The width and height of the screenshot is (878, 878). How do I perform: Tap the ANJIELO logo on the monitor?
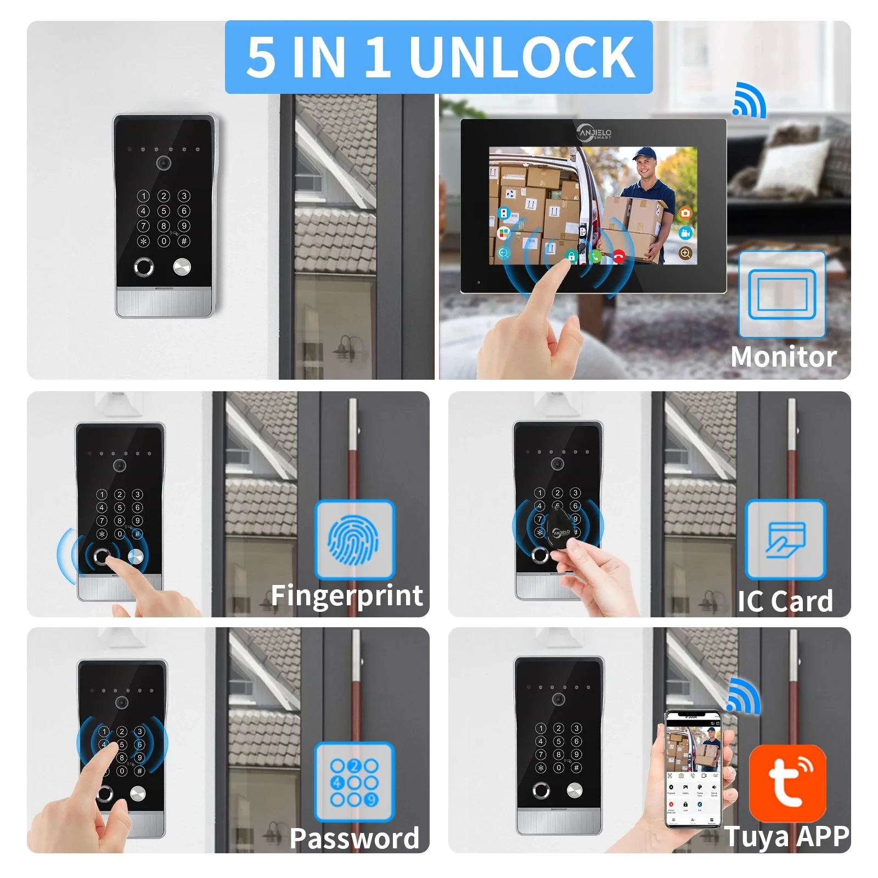tap(594, 132)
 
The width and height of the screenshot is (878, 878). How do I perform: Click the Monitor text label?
tap(783, 357)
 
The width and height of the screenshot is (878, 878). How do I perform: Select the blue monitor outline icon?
tap(782, 294)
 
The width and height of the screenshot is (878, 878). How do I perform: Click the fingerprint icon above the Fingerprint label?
tap(354, 540)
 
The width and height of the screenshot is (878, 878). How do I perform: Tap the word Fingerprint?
tap(347, 596)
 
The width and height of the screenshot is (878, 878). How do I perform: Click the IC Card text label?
tap(785, 601)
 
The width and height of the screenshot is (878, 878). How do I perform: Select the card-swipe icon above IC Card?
tap(785, 540)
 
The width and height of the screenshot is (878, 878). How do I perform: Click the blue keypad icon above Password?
tap(354, 781)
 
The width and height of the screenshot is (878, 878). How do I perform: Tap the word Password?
tap(354, 838)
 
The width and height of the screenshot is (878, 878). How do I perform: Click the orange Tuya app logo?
tap(787, 782)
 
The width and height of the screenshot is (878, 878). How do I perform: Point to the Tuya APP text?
tap(787, 836)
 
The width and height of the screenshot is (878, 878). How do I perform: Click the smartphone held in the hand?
tap(693, 768)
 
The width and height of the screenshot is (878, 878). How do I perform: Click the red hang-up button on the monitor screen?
tap(619, 256)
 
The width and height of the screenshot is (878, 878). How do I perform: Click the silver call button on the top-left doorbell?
tap(182, 267)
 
